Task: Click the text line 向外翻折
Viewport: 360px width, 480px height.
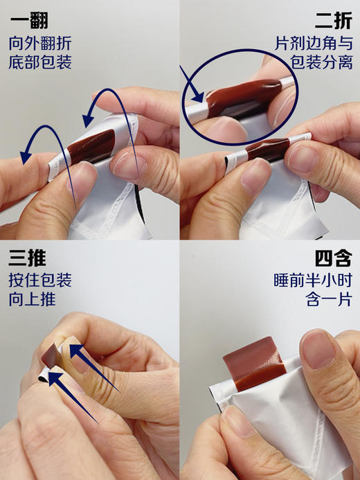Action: pos(40,44)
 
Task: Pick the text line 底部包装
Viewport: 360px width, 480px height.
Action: pos(40,63)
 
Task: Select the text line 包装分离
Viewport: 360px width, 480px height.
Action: pos(322,63)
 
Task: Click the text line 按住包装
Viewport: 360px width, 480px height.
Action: pos(40,281)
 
